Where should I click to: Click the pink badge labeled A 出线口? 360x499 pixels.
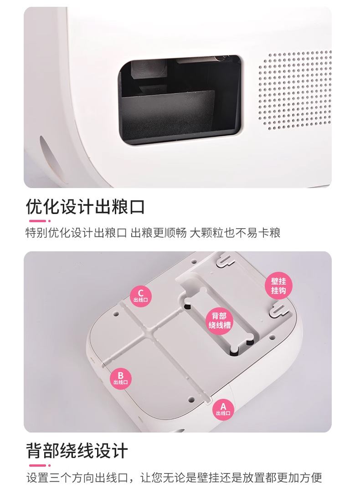[x=223, y=409]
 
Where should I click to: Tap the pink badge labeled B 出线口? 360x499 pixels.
[x=120, y=378]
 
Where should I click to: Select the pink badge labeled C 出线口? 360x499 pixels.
[x=140, y=296]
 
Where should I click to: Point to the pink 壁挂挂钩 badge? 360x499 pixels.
[x=278, y=286]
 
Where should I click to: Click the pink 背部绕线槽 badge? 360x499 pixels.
[x=220, y=321]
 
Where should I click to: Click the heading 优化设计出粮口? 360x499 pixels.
[x=85, y=207]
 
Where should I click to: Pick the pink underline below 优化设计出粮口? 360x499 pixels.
[x=40, y=221]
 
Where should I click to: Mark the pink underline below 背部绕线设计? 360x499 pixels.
[x=40, y=465]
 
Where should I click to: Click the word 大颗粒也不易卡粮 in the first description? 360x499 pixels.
[x=235, y=233]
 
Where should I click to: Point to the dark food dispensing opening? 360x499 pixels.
[x=180, y=100]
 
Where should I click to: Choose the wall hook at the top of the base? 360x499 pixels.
[x=225, y=260]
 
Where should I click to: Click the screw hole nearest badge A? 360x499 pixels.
[x=191, y=398]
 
